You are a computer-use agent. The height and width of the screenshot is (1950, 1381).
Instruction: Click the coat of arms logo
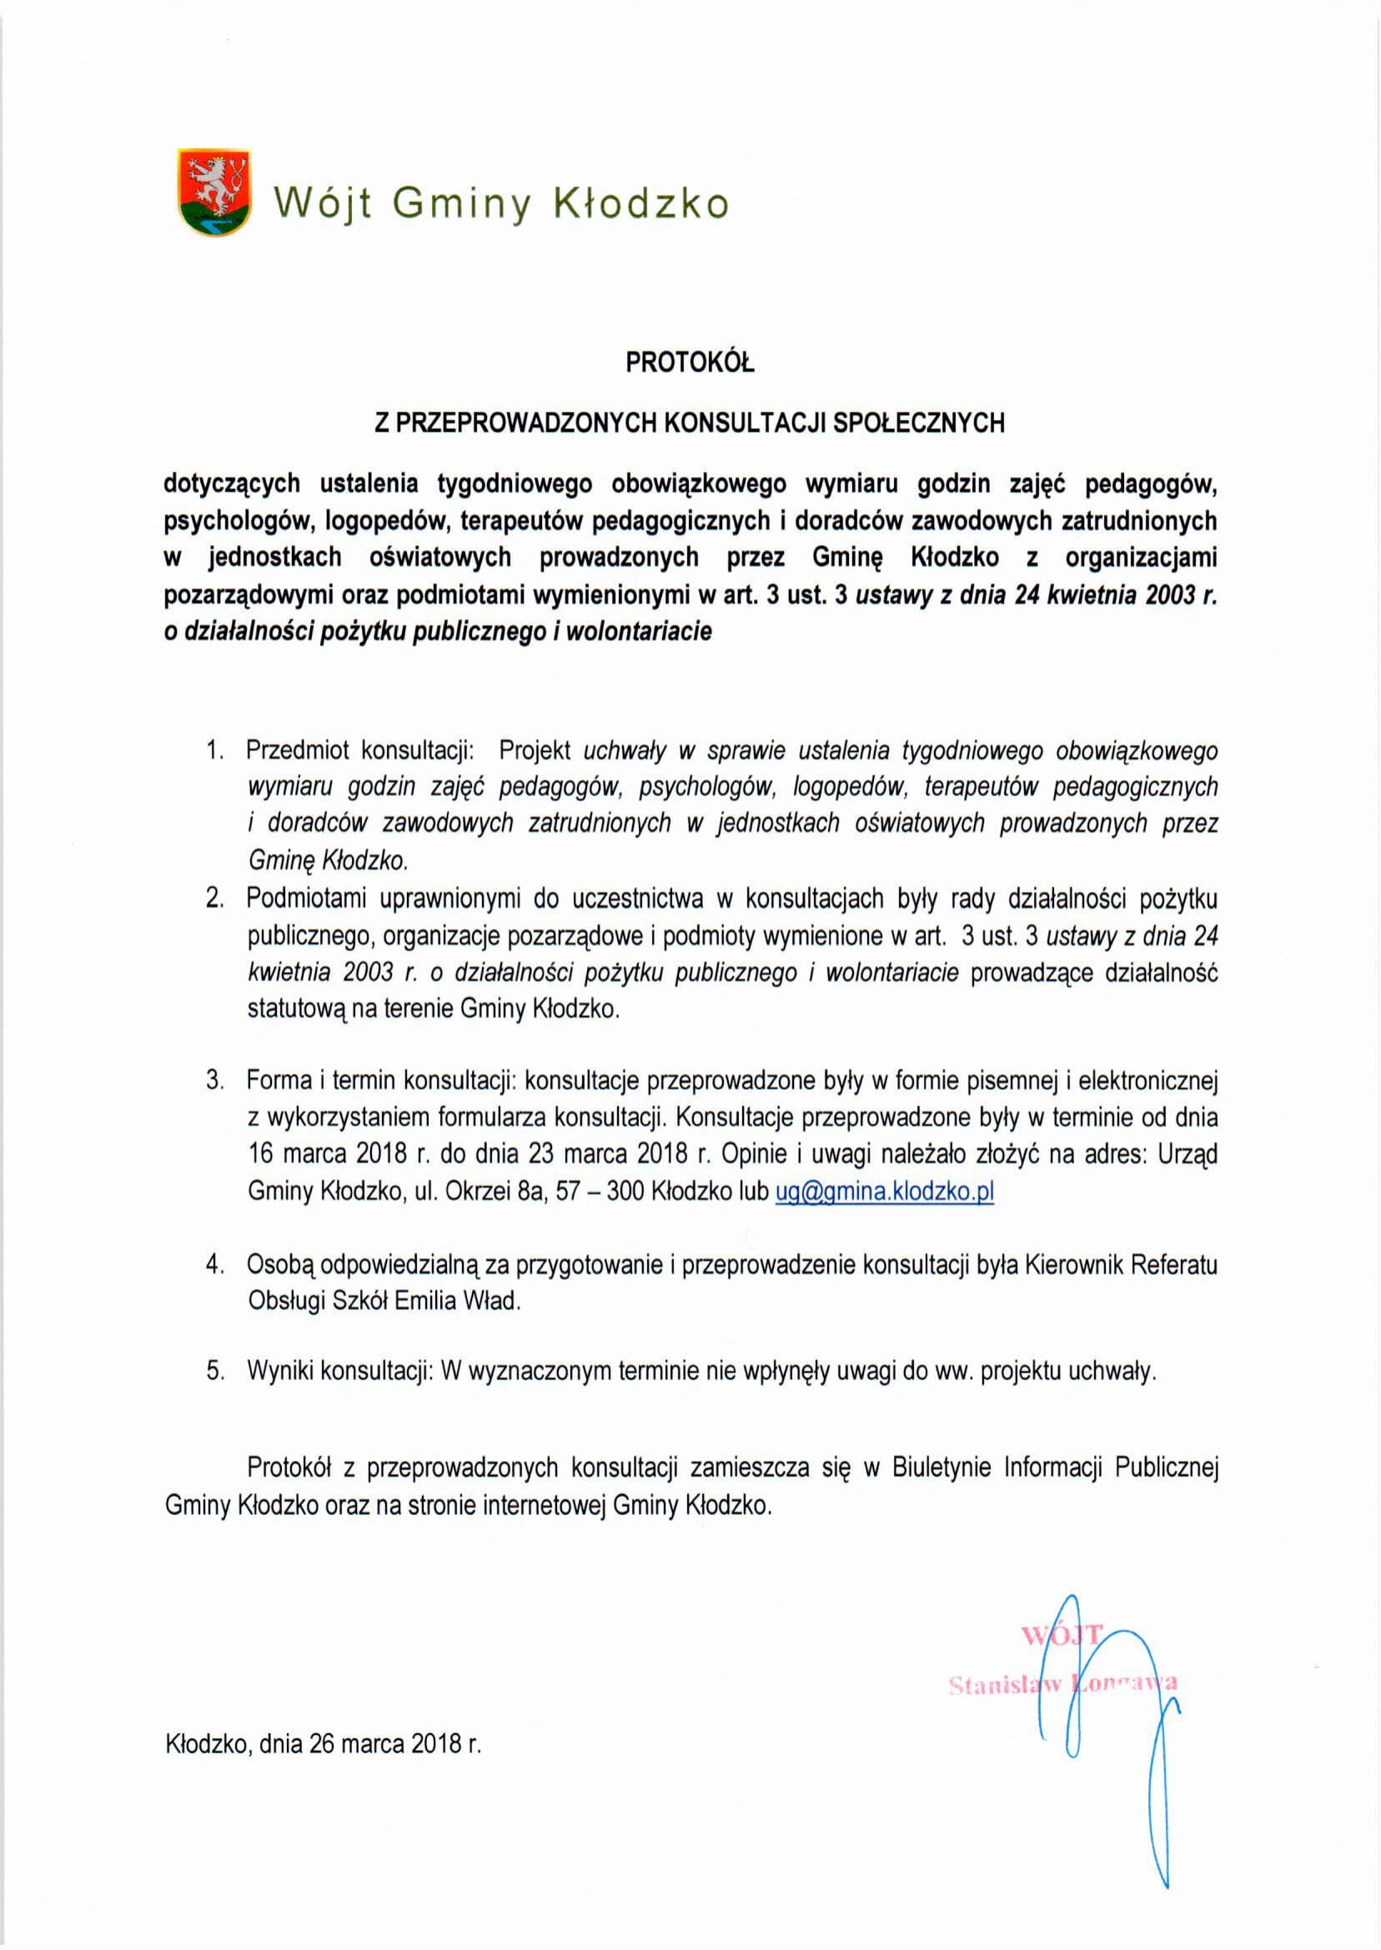214,192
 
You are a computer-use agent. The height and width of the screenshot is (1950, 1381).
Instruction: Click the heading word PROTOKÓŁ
690,363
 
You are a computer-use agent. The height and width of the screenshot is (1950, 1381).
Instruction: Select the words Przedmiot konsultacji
359,750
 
